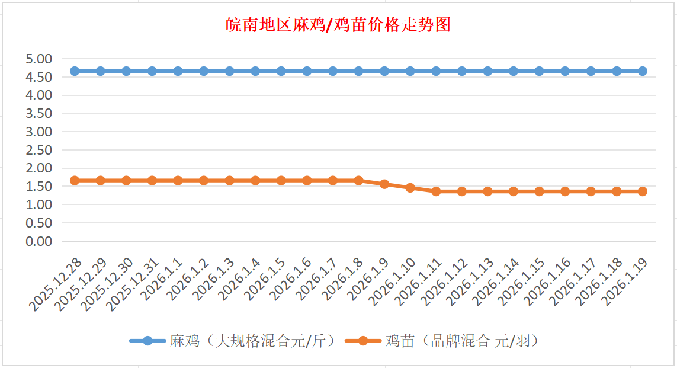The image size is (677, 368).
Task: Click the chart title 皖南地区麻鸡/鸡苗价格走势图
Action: pos(338,25)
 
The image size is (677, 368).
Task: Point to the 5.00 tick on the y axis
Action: pos(39,59)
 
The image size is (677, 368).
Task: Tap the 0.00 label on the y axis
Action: pos(39,241)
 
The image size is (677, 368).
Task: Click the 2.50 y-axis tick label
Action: pos(39,150)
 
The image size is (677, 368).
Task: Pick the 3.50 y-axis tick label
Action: pos(39,113)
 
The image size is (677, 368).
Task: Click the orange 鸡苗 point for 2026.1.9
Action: pos(384,184)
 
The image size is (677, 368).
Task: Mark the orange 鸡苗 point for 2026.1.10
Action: pos(410,188)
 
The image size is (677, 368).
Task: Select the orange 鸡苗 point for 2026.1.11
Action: pos(436,191)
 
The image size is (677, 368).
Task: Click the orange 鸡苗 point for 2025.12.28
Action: pos(75,180)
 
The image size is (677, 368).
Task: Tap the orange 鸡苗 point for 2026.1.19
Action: pos(642,191)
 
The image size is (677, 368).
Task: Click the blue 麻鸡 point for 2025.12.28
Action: pos(75,71)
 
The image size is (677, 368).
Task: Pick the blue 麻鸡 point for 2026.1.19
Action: pos(642,71)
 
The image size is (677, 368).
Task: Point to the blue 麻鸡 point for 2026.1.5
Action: pos(281,71)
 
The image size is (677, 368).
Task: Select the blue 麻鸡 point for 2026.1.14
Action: pos(514,71)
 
